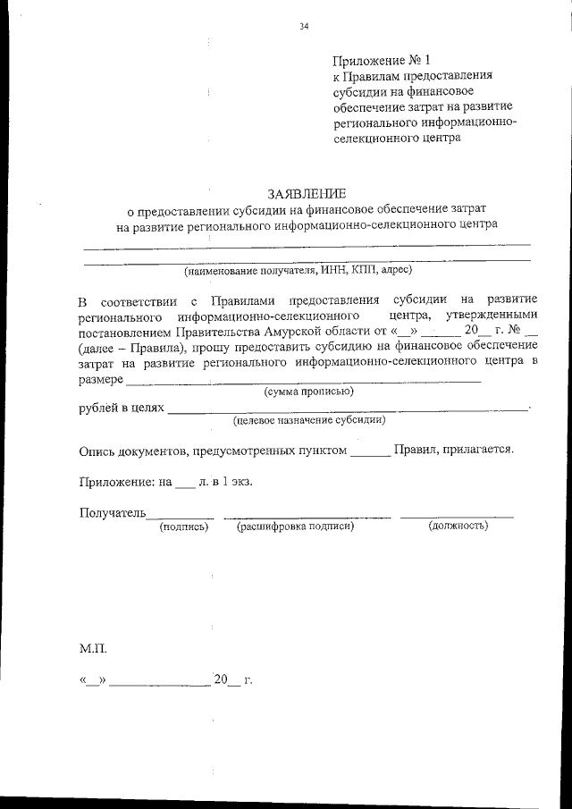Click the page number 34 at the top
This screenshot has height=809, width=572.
click(x=304, y=27)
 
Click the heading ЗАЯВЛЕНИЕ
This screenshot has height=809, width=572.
click(x=306, y=193)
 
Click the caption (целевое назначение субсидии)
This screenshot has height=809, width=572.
click(x=309, y=419)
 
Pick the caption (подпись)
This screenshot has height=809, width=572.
click(x=183, y=527)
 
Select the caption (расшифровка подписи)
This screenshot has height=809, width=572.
click(x=295, y=527)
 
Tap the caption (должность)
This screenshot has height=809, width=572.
click(x=458, y=527)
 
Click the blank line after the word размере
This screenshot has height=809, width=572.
click(x=304, y=381)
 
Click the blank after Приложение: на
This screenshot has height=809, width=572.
click(x=184, y=485)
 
